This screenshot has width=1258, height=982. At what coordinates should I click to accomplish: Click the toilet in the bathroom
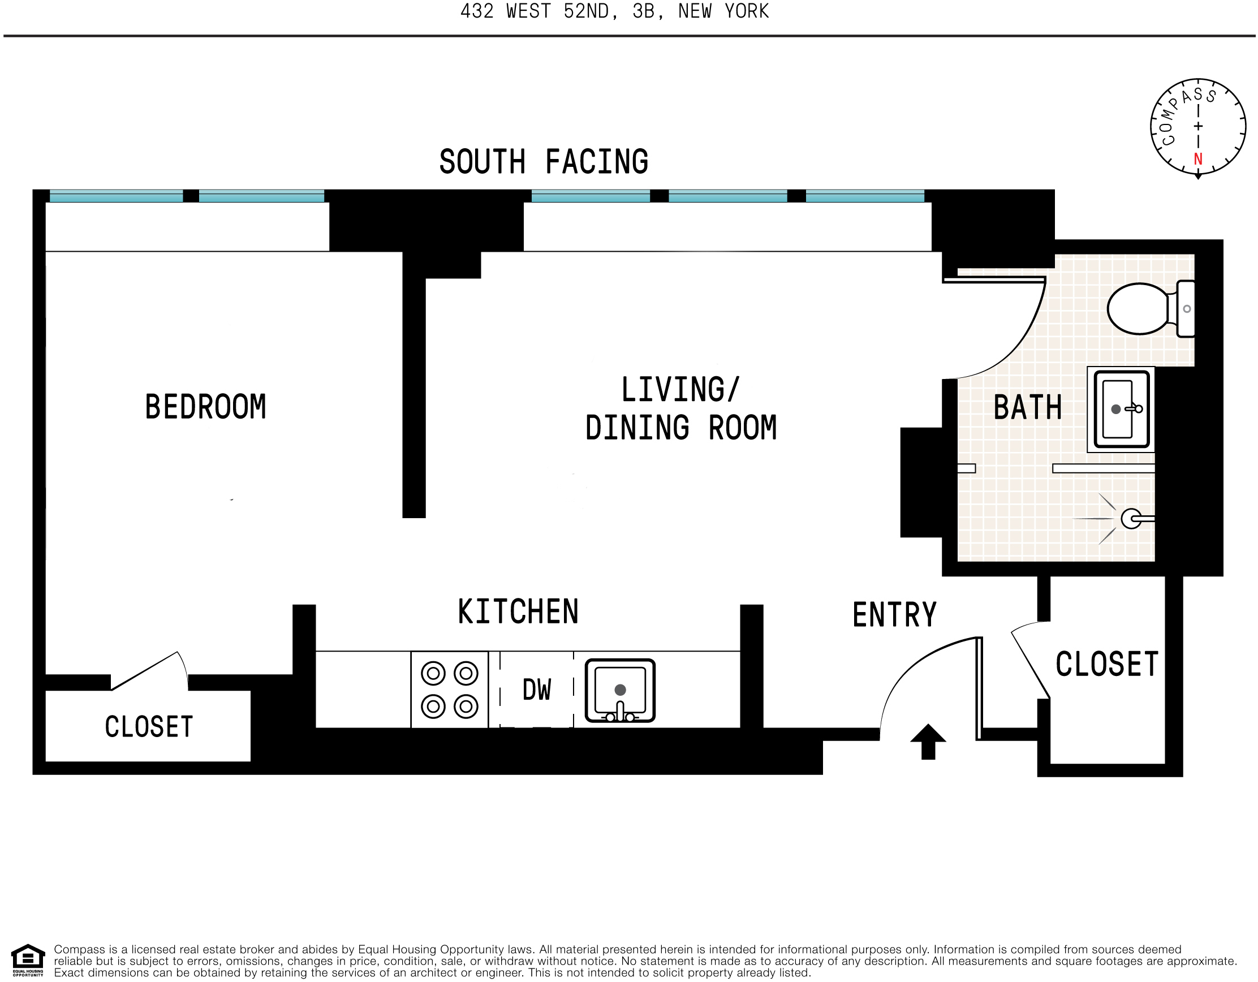click(1151, 309)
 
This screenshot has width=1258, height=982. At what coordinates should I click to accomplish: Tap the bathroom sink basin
click(1122, 410)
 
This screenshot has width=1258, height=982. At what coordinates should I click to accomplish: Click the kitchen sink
click(621, 691)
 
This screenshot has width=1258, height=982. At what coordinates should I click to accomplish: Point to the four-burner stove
click(449, 690)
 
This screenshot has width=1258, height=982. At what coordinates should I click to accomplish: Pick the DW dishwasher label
click(537, 690)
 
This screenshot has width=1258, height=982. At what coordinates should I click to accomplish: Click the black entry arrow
click(928, 742)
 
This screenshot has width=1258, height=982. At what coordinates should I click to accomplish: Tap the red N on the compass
click(1198, 160)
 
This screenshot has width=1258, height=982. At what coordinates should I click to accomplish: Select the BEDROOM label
click(206, 407)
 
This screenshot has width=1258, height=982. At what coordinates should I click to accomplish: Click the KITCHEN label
click(518, 611)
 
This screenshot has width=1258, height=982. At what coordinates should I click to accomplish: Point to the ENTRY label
click(894, 614)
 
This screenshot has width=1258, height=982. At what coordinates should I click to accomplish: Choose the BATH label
click(1028, 408)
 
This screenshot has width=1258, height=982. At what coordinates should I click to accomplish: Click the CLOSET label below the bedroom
click(149, 726)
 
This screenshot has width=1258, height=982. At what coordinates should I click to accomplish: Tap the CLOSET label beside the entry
click(1106, 664)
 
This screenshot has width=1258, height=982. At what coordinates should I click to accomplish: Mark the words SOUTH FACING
click(544, 162)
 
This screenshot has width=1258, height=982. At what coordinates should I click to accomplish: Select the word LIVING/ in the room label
click(680, 389)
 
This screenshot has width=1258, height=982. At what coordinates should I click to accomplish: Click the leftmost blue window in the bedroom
click(117, 196)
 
